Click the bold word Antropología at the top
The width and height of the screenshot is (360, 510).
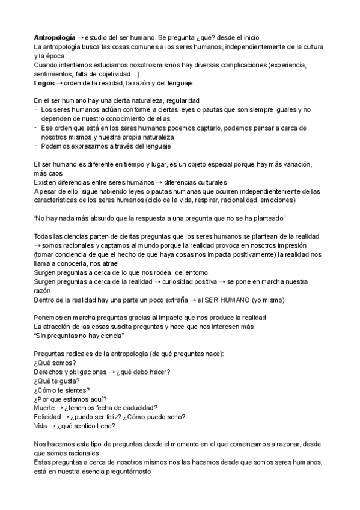[x=55, y=37]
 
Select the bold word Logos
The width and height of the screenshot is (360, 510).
[x=44, y=82]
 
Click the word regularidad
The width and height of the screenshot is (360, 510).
[x=178, y=100]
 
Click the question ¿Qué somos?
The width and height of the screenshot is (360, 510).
[x=55, y=363]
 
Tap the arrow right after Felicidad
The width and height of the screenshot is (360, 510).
[x=64, y=417]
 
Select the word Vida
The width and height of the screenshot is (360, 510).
[x=41, y=426]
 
